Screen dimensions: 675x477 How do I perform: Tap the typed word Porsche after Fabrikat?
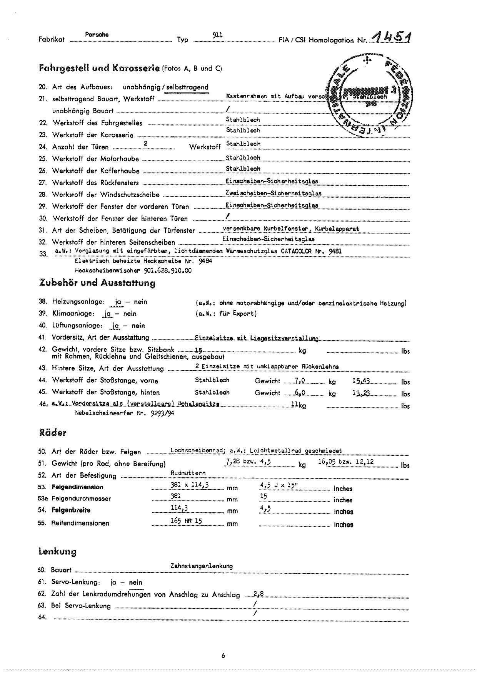(97, 35)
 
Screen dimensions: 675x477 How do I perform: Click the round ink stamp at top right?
(369, 94)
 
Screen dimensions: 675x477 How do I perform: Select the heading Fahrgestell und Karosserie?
(99, 68)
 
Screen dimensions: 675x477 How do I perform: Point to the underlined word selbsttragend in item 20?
(187, 87)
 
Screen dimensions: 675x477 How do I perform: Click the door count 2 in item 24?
(145, 144)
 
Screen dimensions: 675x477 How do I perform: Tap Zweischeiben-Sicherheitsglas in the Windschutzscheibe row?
(274, 193)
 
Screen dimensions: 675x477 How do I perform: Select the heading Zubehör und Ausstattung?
(97, 283)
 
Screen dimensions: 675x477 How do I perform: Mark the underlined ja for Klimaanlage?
(108, 314)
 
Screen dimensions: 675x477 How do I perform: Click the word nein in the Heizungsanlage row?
(140, 302)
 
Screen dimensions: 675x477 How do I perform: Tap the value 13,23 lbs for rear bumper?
(361, 393)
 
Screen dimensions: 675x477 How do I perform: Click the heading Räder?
(52, 433)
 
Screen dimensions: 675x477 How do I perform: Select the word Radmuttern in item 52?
(188, 473)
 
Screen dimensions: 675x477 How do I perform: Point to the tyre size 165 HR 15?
(187, 521)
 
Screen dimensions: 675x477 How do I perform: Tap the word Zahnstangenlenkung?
(202, 566)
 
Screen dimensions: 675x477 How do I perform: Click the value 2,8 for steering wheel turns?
(259, 594)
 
